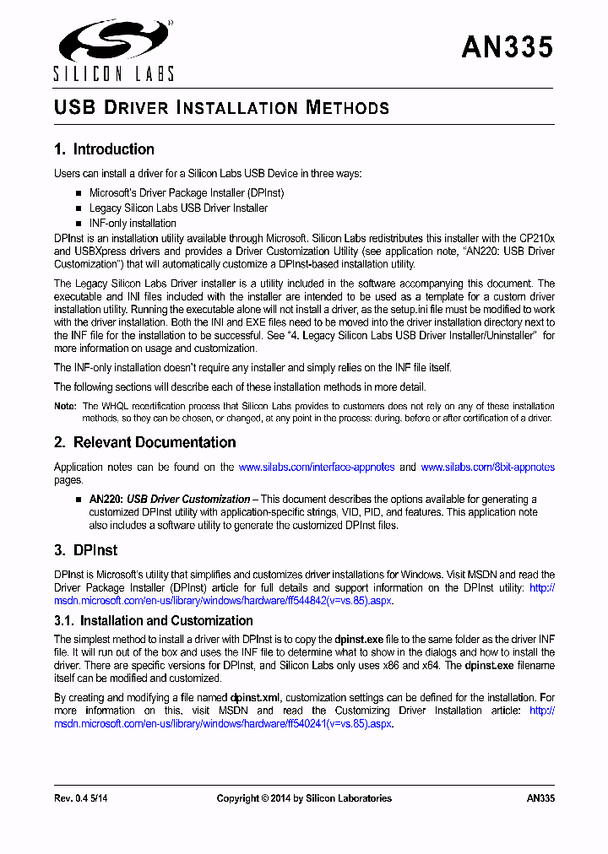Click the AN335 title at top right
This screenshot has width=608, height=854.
point(507,47)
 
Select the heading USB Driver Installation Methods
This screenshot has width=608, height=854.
point(221,108)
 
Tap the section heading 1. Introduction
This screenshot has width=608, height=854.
point(104,149)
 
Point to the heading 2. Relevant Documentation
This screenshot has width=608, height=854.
point(144,442)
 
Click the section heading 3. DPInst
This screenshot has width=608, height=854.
point(85,549)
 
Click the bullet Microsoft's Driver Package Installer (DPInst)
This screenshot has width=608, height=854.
point(187,192)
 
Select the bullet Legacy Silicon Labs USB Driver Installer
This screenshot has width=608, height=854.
point(178,208)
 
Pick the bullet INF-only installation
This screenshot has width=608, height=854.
point(133,223)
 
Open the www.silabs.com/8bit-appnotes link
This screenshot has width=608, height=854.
point(487,467)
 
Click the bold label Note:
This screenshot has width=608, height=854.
point(65,407)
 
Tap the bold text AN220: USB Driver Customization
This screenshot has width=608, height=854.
point(170,499)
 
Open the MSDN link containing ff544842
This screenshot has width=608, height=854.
point(224,600)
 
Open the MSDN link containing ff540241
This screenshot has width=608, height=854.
point(224,724)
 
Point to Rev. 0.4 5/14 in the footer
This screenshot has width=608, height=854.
point(81,798)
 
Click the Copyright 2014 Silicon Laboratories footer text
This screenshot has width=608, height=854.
point(304,798)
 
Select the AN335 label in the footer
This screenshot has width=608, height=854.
point(540,798)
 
